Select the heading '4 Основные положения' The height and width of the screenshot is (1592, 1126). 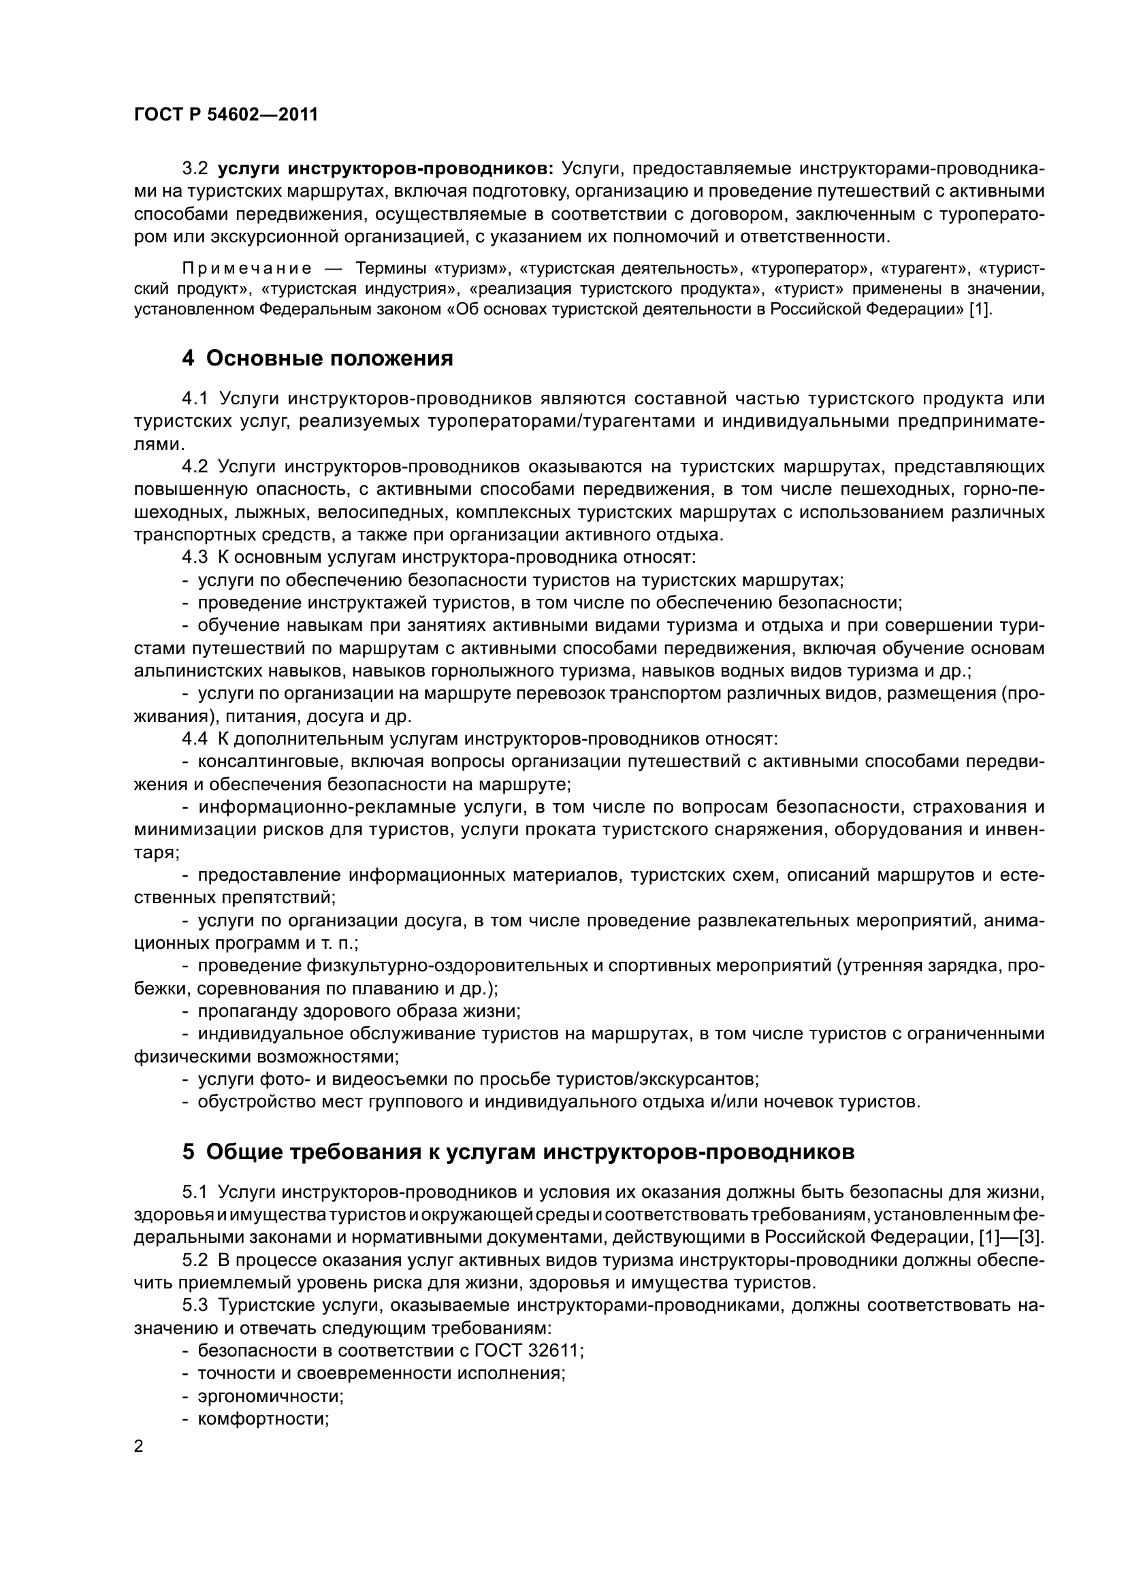[x=317, y=359]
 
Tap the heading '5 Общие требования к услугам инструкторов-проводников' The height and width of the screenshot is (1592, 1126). [x=518, y=1152]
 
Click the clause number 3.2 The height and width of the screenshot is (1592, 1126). [x=194, y=169]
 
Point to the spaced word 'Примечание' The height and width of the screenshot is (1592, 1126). [x=246, y=268]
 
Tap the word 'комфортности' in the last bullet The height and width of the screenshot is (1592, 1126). [x=262, y=1418]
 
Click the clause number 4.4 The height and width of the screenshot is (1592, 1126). [x=194, y=739]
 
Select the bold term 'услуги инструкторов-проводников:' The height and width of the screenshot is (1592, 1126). [x=385, y=169]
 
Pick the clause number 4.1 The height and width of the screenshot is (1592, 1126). [x=194, y=399]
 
